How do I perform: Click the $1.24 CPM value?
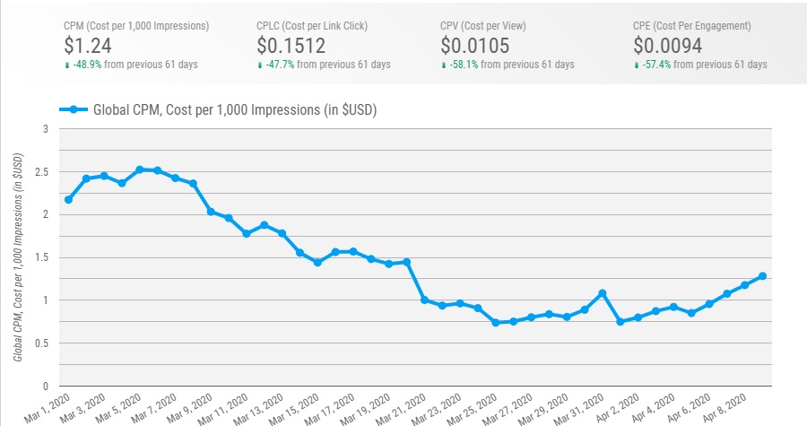tap(88, 45)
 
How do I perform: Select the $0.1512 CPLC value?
tap(291, 45)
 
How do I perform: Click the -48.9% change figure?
tap(96, 65)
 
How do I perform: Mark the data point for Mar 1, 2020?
tap(69, 199)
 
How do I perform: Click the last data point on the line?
tap(762, 276)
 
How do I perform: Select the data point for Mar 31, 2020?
tap(603, 293)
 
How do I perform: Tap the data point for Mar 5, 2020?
tap(140, 170)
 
